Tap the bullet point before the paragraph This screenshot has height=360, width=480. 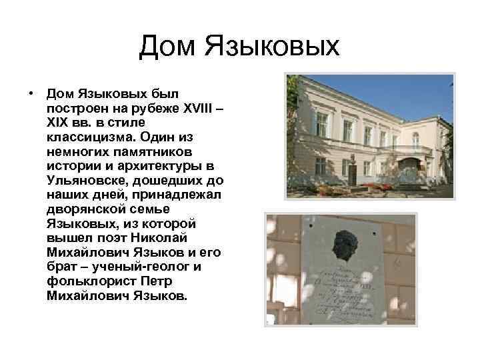tap(31, 94)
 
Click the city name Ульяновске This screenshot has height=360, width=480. tap(86, 181)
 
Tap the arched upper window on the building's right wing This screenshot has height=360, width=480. tap(415, 139)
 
